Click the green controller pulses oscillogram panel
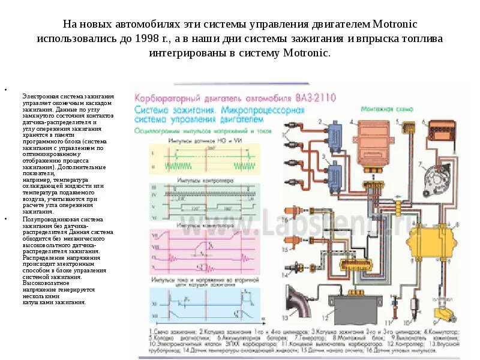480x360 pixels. [198, 202]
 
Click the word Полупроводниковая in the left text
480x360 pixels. [46, 220]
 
